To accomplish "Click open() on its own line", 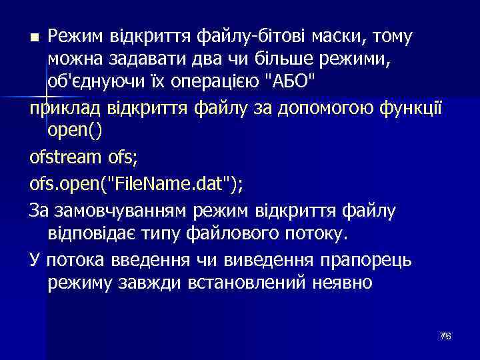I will tap(75, 132).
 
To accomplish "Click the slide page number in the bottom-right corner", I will tap(445, 336).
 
